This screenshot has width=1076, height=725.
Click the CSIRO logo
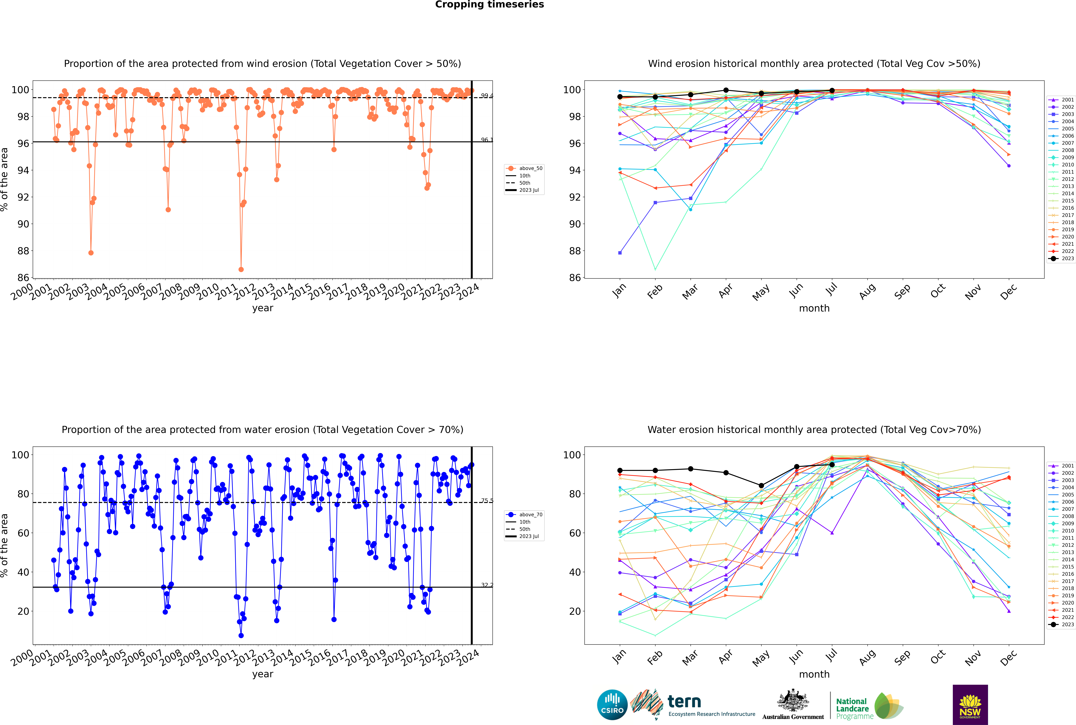612,705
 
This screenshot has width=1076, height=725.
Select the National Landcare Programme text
852,708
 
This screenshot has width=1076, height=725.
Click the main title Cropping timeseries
489,5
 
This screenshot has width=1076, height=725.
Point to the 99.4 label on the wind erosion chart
487,96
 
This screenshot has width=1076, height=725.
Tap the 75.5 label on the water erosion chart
487,501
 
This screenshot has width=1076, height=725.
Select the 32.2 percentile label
487,585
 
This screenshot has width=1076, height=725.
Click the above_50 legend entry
530,168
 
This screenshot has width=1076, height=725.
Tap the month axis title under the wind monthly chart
814,308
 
